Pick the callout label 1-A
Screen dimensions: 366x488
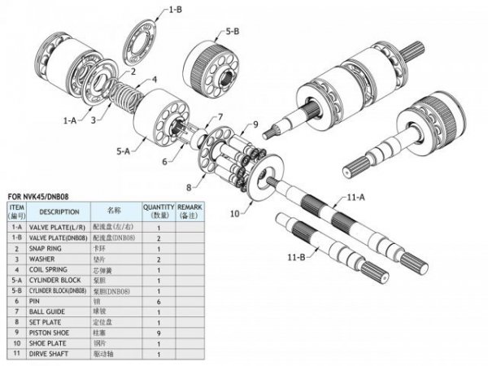click(71, 119)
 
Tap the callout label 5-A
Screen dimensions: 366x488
click(124, 151)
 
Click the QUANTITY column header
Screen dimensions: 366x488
click(159, 211)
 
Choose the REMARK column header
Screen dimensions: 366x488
click(191, 211)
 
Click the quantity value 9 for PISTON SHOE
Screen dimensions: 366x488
click(159, 332)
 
